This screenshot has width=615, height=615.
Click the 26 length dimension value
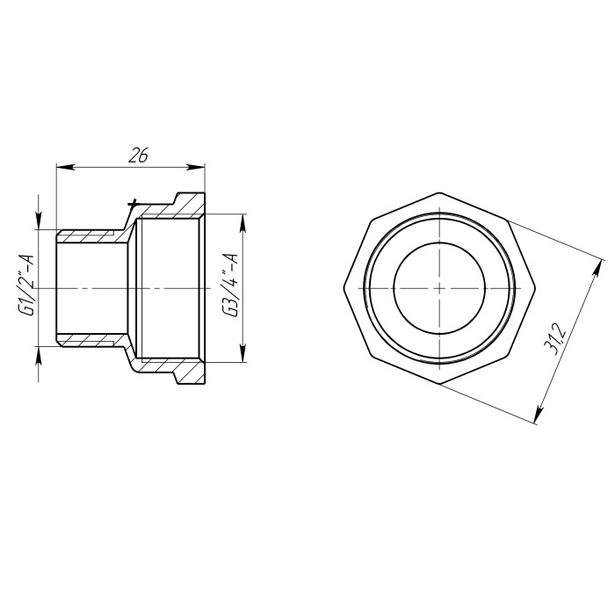coord(138,156)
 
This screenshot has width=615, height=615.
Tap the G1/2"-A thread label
coord(26,285)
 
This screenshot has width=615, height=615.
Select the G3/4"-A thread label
coord(230,285)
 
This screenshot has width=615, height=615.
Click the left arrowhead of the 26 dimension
coord(66,167)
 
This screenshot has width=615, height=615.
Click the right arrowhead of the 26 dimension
coord(196,167)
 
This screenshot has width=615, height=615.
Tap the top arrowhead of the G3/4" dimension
coord(243,223)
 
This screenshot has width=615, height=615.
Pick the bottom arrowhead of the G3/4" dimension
coord(243,352)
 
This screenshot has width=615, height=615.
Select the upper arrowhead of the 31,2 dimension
coord(597,269)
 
